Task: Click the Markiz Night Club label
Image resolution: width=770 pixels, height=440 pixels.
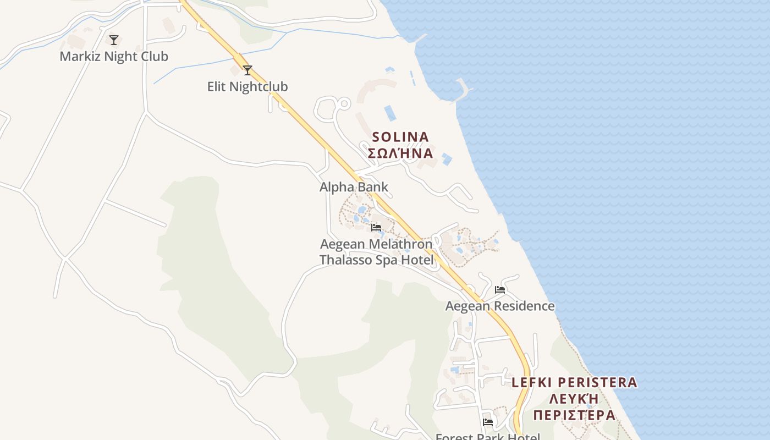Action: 114,57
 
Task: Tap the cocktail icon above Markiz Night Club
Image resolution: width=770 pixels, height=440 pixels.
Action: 114,40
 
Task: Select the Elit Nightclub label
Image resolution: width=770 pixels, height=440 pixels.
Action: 248,87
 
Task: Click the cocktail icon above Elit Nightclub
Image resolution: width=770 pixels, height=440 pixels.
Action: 248,70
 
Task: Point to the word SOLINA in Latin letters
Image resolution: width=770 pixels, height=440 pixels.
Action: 400,136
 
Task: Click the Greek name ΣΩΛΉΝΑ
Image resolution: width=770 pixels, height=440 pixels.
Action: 400,153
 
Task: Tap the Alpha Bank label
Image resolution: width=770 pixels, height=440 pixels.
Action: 354,187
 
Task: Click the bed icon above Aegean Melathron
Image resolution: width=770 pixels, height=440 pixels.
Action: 376,227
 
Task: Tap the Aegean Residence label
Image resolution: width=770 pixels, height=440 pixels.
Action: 500,306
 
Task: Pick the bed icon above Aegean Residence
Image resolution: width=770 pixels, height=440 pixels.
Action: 500,289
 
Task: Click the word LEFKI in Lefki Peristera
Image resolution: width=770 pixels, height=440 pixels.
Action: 531,382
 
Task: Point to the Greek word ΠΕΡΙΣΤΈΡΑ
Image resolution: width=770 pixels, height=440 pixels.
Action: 574,415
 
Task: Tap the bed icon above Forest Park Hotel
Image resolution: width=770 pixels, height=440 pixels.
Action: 488,422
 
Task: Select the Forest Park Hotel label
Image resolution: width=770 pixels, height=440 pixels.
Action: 488,437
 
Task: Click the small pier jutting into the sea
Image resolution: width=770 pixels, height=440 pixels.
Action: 464,88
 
